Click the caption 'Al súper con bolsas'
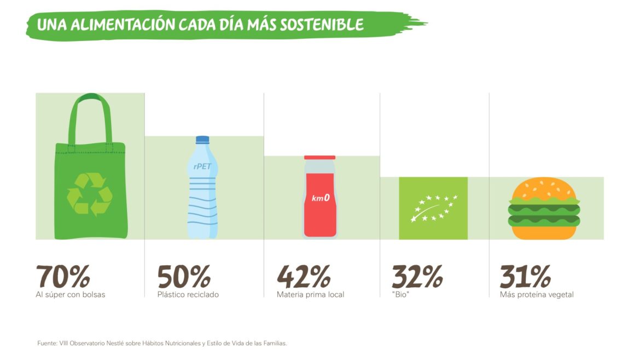click(71, 295)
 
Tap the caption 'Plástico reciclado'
click(188, 295)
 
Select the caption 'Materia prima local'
click(311, 295)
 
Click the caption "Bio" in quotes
click(401, 295)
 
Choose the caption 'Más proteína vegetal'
click(537, 295)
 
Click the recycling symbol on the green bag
click(90, 194)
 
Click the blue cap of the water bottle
click(202, 140)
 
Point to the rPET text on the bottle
click(202, 166)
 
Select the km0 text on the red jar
click(321, 198)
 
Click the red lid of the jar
click(319, 158)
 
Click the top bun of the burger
click(544, 189)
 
